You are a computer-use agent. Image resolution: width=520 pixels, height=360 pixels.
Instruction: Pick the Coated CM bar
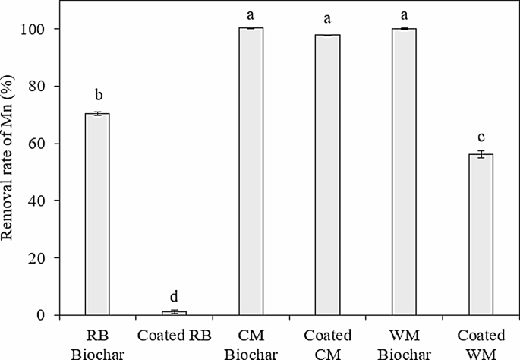[327, 175]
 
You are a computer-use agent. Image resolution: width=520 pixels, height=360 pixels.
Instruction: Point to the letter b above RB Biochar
[97, 96]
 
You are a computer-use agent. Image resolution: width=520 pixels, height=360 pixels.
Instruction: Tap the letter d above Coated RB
[174, 296]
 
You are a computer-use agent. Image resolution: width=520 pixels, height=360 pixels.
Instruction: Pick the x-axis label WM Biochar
[404, 345]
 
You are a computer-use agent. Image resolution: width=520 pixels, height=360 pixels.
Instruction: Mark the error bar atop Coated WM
[481, 154]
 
